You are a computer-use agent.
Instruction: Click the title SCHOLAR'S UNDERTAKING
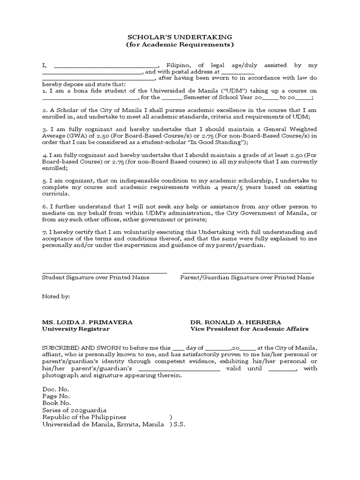pos(180,37)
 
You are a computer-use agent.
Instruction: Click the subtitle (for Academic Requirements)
pos(180,45)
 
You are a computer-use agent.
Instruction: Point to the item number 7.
pos(45,232)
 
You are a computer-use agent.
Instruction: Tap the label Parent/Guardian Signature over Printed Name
pos(247,277)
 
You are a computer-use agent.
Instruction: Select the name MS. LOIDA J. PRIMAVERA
pos(87,322)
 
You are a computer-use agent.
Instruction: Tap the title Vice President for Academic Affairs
pos(249,329)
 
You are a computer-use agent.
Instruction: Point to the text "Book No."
pos(57,403)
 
